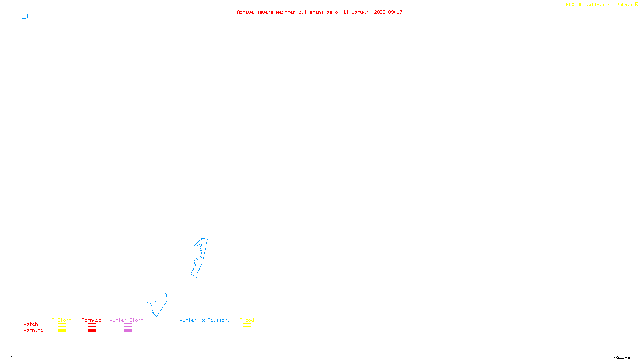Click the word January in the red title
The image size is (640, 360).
pyautogui.click(x=361, y=12)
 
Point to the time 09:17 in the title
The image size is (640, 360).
pyautogui.click(x=395, y=12)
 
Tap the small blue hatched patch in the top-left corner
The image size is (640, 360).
pyautogui.click(x=24, y=17)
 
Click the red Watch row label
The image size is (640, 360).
pyautogui.click(x=31, y=324)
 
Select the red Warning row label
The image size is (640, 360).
pyautogui.click(x=33, y=330)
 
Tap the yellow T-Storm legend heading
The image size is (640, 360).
pyautogui.click(x=62, y=320)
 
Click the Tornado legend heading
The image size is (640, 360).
pyautogui.click(x=92, y=320)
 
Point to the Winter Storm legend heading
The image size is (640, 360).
pyautogui.click(x=126, y=320)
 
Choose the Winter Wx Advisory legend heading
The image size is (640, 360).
pyautogui.click(x=205, y=320)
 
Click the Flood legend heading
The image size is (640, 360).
pyautogui.click(x=247, y=320)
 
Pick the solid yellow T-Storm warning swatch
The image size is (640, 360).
pyautogui.click(x=62, y=331)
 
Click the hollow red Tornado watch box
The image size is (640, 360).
pyautogui.click(x=92, y=325)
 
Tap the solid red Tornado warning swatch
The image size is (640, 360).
pyautogui.click(x=92, y=331)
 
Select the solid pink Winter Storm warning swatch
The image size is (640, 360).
pyautogui.click(x=128, y=331)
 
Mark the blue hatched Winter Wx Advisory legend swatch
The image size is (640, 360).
pyautogui.click(x=204, y=331)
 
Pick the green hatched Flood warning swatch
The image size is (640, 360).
pyautogui.click(x=247, y=331)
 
